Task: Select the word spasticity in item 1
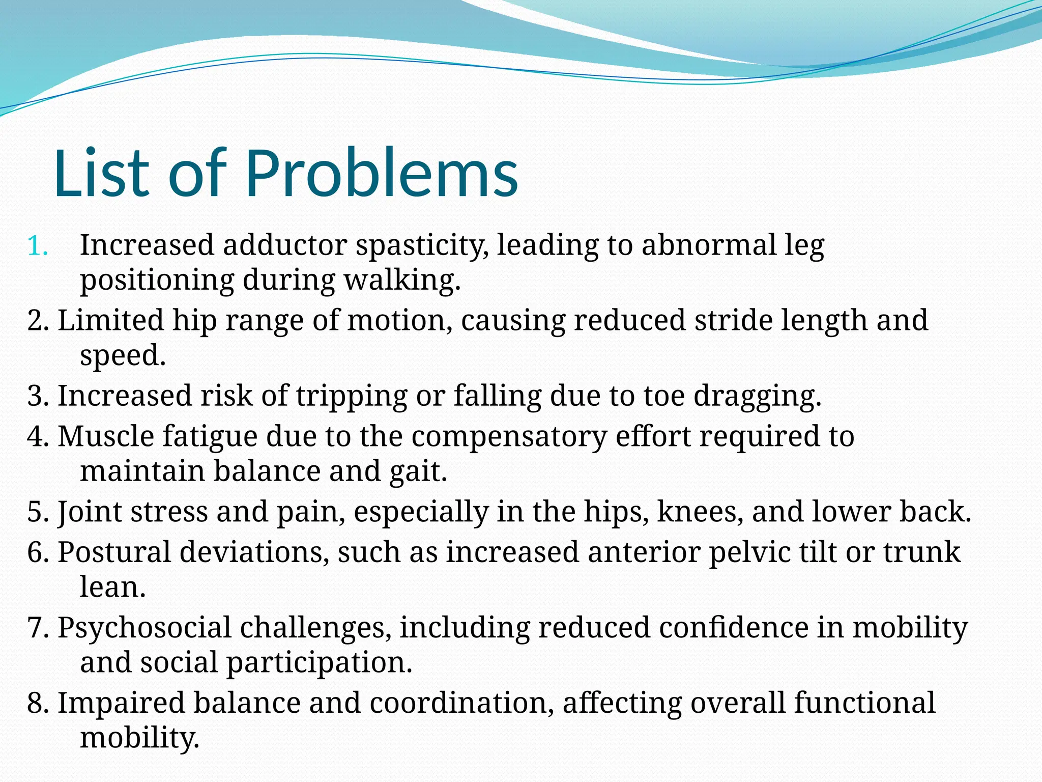422,246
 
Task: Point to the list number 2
38,321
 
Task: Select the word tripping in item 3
352,396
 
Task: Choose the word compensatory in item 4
509,437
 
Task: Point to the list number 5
38,512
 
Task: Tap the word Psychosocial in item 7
144,628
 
